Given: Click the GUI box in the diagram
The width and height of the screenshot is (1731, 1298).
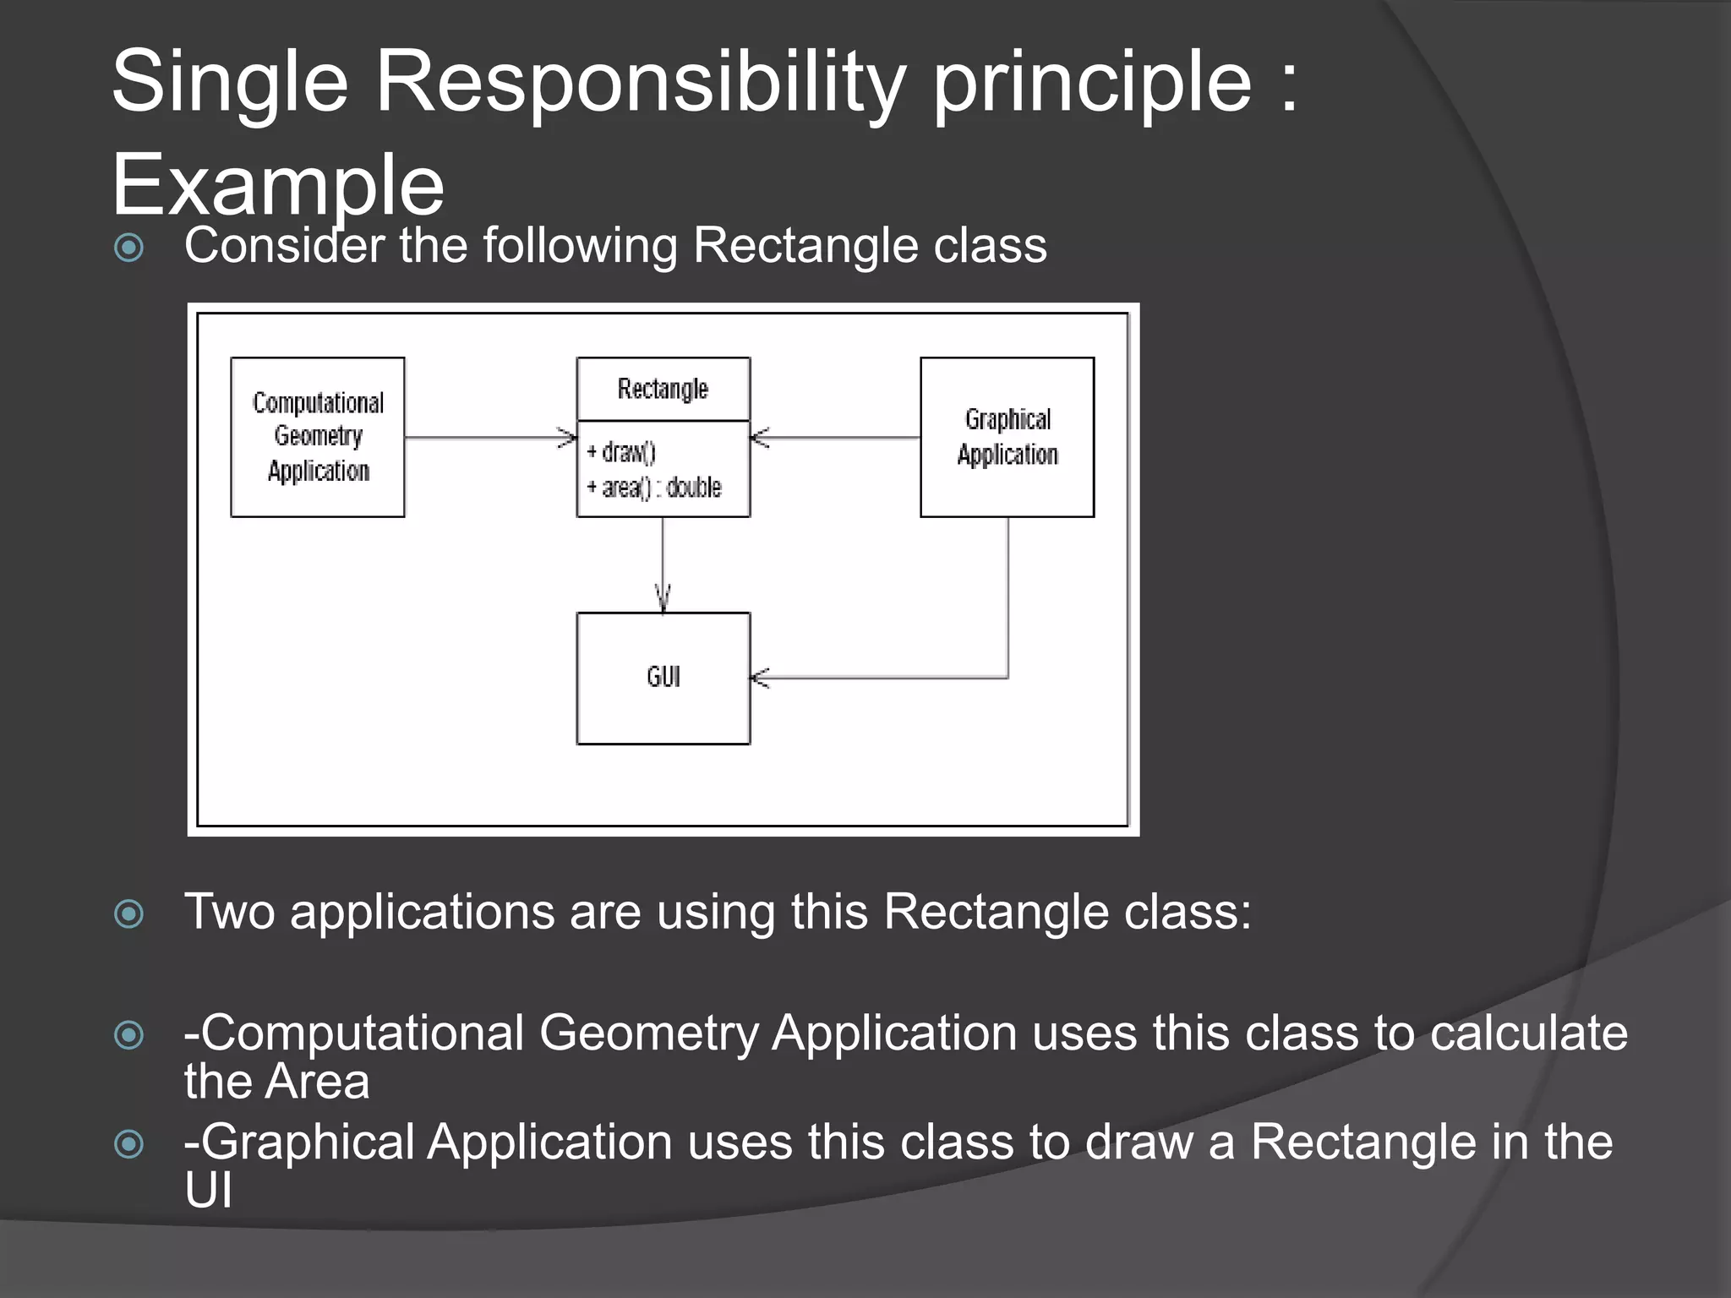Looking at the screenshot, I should (663, 678).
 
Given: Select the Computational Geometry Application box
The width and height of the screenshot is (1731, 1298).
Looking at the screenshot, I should (318, 437).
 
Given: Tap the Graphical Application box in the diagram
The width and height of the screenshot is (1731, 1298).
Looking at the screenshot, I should (1007, 437).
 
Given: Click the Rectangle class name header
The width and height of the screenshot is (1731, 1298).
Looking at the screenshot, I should (663, 389).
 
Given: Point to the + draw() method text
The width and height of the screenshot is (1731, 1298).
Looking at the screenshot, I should (621, 452).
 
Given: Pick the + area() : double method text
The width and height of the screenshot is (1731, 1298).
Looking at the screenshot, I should (654, 488).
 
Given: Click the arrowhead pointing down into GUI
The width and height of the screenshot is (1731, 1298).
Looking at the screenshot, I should (663, 598).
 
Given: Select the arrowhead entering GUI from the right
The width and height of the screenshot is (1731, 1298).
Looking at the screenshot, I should (760, 678).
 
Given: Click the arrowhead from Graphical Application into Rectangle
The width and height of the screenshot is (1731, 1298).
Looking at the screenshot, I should (760, 438).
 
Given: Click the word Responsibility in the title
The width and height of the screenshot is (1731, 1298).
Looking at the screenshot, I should (641, 81).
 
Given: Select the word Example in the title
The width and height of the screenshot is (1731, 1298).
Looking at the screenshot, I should (278, 184).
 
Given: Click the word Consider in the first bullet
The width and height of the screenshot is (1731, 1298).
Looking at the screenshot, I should (283, 246).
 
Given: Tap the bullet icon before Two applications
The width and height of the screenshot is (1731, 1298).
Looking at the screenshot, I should (129, 914).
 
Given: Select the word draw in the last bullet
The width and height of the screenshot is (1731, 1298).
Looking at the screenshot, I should (1139, 1142).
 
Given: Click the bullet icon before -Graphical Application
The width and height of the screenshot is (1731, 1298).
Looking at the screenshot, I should (129, 1144).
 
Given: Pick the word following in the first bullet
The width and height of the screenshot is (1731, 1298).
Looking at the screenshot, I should (580, 246).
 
